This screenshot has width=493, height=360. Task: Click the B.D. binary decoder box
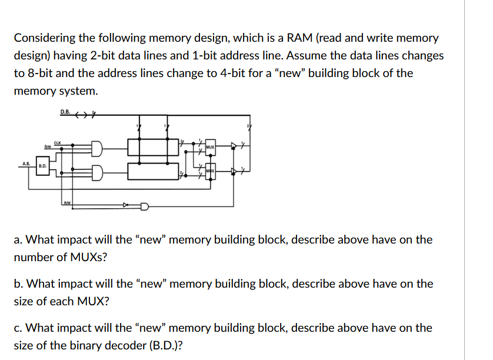click(42, 166)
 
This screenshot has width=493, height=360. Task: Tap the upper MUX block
click(209, 145)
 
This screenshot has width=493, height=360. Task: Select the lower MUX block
click(209, 171)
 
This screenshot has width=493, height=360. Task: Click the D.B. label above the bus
click(65, 112)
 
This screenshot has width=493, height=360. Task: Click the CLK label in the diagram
click(57, 142)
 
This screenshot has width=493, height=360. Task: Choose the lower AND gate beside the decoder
click(97, 171)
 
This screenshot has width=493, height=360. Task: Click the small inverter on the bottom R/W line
click(125, 206)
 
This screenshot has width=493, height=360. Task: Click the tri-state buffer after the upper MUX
click(235, 145)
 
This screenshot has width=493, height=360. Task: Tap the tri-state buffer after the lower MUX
click(235, 172)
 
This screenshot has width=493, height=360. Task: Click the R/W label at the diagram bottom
click(66, 202)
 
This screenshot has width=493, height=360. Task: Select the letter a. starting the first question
click(18, 240)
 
